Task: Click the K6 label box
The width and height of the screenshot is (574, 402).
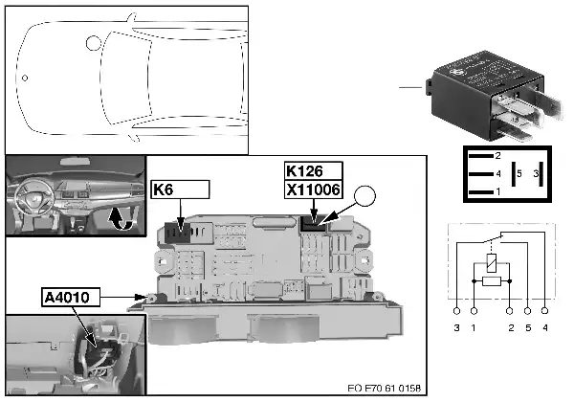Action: [179, 190]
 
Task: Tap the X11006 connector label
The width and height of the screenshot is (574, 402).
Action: [314, 190]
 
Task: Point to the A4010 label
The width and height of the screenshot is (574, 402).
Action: [71, 297]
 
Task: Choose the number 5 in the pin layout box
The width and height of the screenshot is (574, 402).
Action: [518, 174]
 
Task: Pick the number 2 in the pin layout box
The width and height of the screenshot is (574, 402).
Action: [497, 155]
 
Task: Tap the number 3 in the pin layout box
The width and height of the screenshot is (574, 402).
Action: [538, 174]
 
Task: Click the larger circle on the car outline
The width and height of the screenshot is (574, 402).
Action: [93, 43]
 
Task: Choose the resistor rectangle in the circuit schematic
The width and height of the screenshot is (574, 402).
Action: [491, 282]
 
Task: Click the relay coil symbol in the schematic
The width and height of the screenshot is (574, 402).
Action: [491, 259]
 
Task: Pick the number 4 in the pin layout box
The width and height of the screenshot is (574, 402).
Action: [497, 174]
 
